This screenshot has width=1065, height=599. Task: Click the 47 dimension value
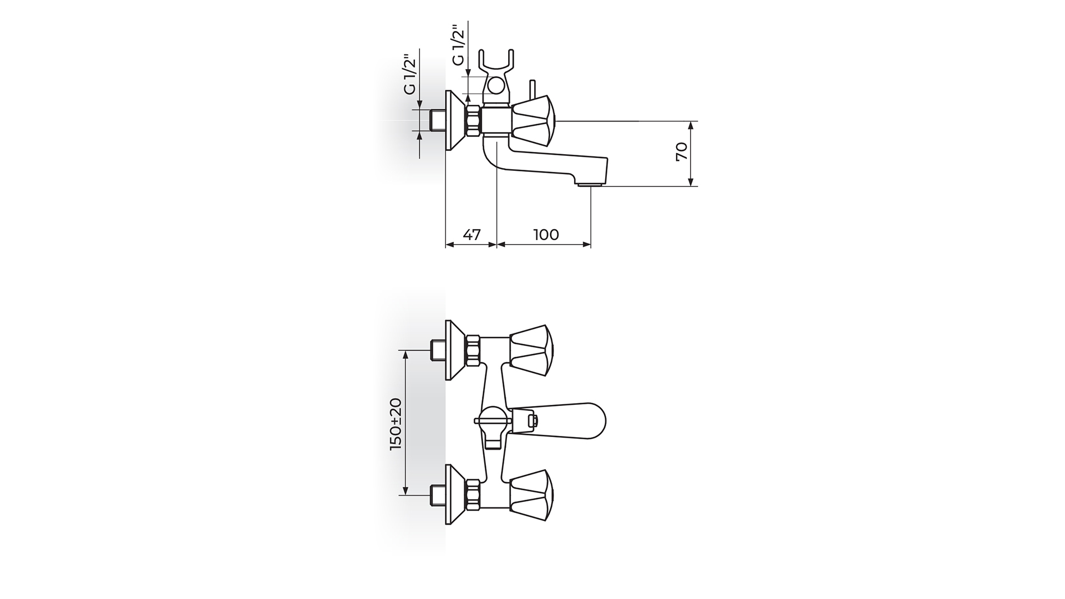click(x=471, y=235)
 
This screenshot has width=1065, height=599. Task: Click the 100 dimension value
click(x=546, y=235)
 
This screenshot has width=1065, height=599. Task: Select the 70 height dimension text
click(x=682, y=151)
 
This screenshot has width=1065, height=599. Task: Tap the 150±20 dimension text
click(x=396, y=424)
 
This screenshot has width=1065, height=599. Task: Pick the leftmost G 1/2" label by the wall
click(x=410, y=74)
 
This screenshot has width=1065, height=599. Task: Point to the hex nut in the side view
click(x=473, y=120)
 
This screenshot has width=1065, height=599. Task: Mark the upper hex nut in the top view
click(x=473, y=351)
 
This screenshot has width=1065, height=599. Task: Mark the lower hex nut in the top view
click(x=473, y=495)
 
